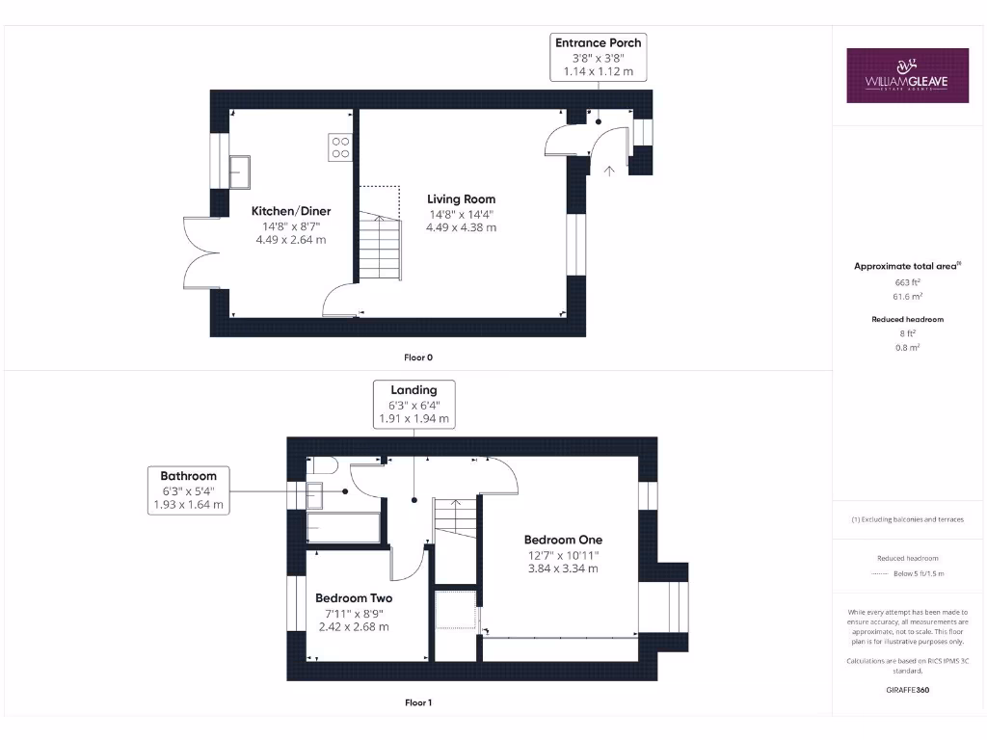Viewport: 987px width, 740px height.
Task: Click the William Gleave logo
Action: pyautogui.click(x=907, y=75)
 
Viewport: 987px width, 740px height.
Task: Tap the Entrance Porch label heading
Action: pyautogui.click(x=598, y=42)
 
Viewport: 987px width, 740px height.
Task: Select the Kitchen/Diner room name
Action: pyautogui.click(x=291, y=211)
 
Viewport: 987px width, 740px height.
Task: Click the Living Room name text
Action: pyautogui.click(x=462, y=199)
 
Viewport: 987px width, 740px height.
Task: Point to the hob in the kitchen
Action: pyautogui.click(x=341, y=146)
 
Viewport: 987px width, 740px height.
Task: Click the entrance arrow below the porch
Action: pyautogui.click(x=608, y=171)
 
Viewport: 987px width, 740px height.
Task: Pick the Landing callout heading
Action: pyautogui.click(x=413, y=390)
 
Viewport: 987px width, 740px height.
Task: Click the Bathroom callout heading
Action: pyautogui.click(x=189, y=475)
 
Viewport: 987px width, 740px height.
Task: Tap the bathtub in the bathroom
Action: pyautogui.click(x=343, y=528)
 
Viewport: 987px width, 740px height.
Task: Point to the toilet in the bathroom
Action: pyautogui.click(x=321, y=466)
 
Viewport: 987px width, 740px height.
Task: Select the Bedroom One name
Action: pyautogui.click(x=563, y=540)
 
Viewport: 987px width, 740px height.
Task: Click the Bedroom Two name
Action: pyautogui.click(x=354, y=597)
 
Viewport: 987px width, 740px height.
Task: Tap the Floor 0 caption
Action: pyautogui.click(x=417, y=357)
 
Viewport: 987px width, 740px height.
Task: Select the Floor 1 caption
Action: pyautogui.click(x=417, y=702)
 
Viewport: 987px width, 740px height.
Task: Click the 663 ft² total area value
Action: pyautogui.click(x=907, y=282)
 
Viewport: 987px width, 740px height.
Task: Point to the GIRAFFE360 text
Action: pyautogui.click(x=907, y=690)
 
